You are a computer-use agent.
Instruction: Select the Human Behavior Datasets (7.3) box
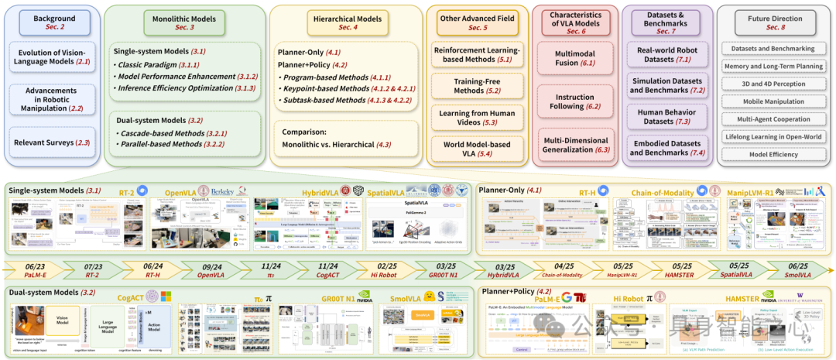[667, 116]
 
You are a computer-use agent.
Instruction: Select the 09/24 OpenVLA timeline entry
[211, 270]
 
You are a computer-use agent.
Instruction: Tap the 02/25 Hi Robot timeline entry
[384, 270]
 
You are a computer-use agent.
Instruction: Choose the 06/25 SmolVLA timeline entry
[796, 270]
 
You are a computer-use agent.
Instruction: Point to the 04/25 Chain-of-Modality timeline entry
[559, 270]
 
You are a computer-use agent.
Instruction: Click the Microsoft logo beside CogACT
[166, 297]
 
